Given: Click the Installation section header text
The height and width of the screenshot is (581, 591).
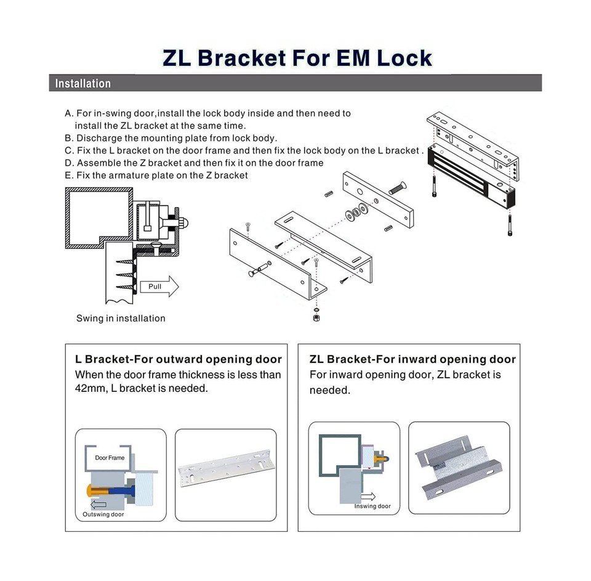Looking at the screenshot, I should [x=83, y=84].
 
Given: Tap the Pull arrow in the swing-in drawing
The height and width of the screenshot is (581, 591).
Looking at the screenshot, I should [x=159, y=286].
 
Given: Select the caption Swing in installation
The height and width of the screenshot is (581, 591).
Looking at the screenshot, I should [x=121, y=319].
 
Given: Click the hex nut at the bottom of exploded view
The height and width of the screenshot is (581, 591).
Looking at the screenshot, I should [x=316, y=317].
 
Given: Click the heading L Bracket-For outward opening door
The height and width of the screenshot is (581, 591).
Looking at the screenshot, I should [x=178, y=359].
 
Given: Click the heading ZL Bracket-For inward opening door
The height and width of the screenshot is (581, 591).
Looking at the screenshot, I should [x=412, y=359].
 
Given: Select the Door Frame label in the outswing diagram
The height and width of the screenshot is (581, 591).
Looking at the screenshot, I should [x=110, y=458].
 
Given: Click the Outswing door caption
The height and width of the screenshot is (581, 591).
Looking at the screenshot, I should [x=103, y=514].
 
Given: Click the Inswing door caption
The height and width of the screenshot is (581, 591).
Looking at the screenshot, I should [x=372, y=506].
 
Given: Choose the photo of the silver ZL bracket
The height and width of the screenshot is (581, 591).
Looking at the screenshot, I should [x=459, y=467].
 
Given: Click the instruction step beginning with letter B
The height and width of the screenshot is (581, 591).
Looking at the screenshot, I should [x=171, y=138].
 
